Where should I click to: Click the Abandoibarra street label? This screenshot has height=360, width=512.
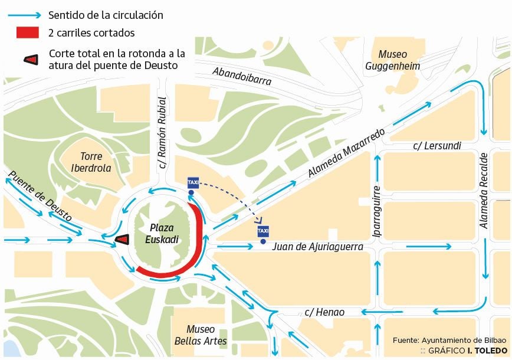(242, 76)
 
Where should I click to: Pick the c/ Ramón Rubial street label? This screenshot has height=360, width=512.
(162, 133)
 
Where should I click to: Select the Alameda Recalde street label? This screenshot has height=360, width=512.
(484, 191)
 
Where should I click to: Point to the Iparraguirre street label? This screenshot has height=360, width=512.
(376, 211)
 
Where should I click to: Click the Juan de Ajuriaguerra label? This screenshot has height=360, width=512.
(317, 247)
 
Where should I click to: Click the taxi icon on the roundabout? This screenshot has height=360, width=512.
(192, 182)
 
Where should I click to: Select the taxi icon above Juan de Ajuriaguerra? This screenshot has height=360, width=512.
(263, 231)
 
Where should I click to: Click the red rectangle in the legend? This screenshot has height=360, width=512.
(28, 33)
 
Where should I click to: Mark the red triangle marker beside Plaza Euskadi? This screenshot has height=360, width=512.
(122, 240)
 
